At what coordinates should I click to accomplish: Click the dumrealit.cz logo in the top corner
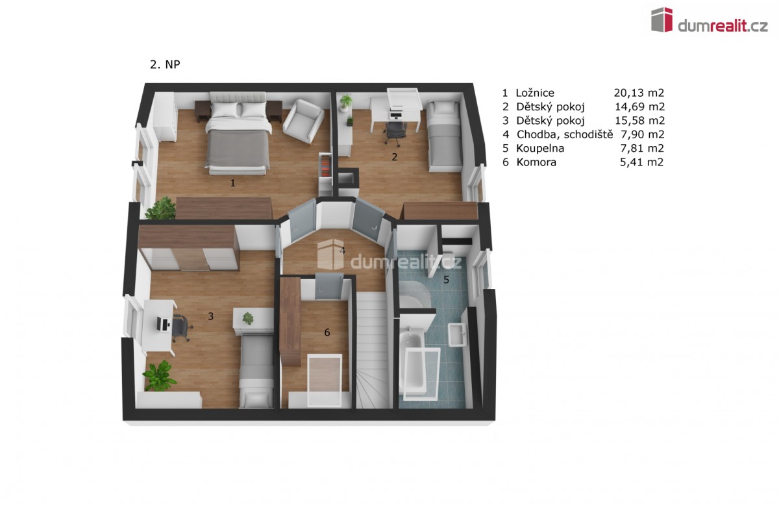click(x=710, y=21)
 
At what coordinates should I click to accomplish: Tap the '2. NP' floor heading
click(x=165, y=65)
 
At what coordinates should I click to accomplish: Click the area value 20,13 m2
click(x=639, y=93)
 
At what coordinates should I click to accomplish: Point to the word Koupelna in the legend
click(x=540, y=149)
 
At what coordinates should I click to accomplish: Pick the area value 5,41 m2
click(x=642, y=162)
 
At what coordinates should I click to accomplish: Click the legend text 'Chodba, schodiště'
click(x=565, y=134)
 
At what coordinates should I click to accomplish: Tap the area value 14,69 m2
click(x=640, y=107)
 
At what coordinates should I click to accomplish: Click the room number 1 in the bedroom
click(x=232, y=183)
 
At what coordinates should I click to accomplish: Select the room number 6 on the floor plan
click(x=327, y=332)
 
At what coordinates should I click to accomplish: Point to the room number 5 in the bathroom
click(x=446, y=279)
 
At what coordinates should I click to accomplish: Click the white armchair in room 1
click(x=303, y=121)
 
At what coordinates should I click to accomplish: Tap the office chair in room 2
click(x=395, y=132)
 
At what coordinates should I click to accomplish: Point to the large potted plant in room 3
click(x=159, y=376)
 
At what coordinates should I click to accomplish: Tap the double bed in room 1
click(x=238, y=133)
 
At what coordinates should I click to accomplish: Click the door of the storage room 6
click(x=328, y=286)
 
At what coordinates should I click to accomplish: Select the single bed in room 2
click(x=444, y=136)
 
